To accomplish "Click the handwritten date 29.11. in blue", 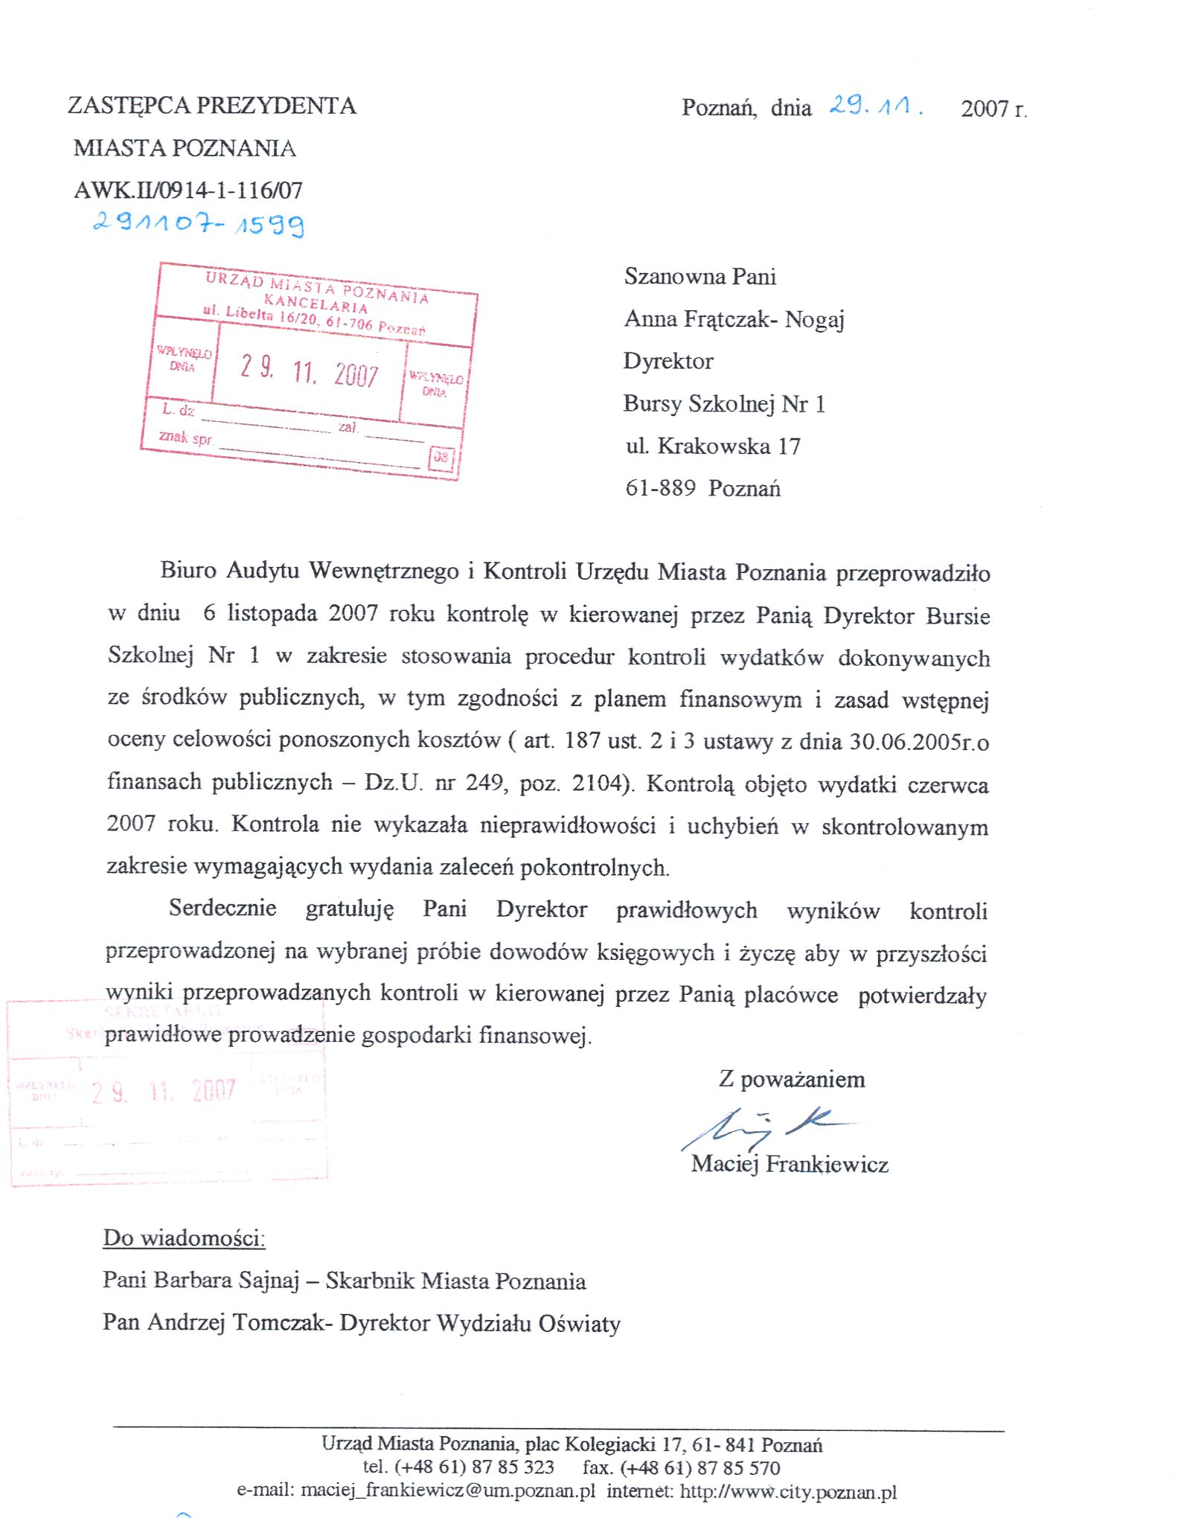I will [x=875, y=106].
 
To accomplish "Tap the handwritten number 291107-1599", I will [x=198, y=222].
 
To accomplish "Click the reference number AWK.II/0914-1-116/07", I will [x=188, y=190].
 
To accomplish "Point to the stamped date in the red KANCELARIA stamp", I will [x=310, y=371].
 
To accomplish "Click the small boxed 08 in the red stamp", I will [x=441, y=457].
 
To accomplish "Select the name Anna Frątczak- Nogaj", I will [x=734, y=319].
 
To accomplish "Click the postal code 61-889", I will [x=660, y=488].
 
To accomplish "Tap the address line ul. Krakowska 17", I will [x=713, y=446].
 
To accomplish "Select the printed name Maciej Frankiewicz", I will [x=790, y=1164].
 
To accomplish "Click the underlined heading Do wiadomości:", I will [x=184, y=1238].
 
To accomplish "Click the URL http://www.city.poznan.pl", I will [x=788, y=1491].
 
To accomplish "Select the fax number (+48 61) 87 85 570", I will [x=700, y=1468].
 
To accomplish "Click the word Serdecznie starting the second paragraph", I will [x=223, y=908].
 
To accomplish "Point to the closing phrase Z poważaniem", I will [x=792, y=1079].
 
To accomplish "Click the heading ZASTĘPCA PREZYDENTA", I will [x=212, y=106].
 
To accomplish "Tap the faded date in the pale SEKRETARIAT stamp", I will [x=164, y=1092].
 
